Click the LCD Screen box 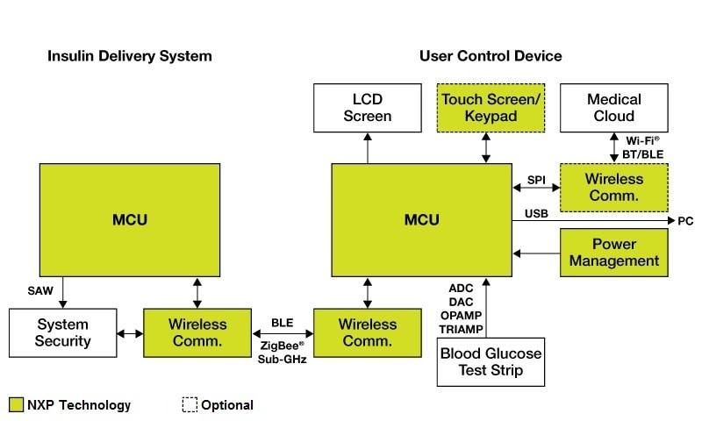tap(367, 107)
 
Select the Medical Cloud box tap(614, 107)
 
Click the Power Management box tap(614, 253)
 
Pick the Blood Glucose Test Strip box tap(491, 361)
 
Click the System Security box tap(62, 332)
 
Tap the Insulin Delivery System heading tap(129, 56)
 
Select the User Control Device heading tap(491, 56)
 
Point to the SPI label tap(535, 180)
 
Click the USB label tap(536, 213)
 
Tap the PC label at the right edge tap(685, 221)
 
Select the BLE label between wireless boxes tap(282, 323)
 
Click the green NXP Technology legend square tap(16, 405)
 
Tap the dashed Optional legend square tap(190, 405)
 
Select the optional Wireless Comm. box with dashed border tap(614, 187)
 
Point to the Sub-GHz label tap(282, 360)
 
